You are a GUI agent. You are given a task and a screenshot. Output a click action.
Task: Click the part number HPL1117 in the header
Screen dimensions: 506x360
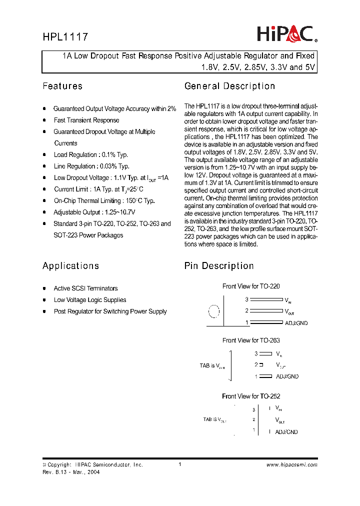pos(65,37)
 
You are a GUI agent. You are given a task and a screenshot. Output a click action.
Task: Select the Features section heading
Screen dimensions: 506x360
pos(62,86)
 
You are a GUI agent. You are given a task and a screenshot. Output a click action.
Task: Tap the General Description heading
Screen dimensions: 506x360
pos(229,86)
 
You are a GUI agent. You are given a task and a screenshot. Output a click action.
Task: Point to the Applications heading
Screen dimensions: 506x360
pos(70,266)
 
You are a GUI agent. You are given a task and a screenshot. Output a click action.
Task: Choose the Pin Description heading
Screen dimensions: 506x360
pos(219,266)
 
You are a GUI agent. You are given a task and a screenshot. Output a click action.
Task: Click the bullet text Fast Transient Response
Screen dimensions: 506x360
pos(86,120)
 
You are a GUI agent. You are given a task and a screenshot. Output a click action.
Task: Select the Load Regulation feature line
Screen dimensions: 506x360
pos(91,155)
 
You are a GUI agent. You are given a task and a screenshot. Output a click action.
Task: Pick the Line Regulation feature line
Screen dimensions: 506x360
pos(91,166)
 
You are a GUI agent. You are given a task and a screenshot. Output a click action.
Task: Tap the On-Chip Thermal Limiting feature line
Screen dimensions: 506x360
pos(104,201)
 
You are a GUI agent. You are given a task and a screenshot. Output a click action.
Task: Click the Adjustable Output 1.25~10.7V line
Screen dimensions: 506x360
pos(94,212)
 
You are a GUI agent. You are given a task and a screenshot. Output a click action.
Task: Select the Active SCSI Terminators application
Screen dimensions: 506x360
pos(85,288)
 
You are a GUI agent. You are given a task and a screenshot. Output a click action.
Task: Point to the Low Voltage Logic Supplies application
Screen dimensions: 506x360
pos(90,300)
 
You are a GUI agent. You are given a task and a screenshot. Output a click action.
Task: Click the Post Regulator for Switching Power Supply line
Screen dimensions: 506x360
pos(110,311)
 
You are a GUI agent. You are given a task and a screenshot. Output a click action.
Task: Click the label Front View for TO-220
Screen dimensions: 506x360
pos(251,286)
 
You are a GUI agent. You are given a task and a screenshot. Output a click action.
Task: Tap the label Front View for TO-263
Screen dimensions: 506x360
pos(251,340)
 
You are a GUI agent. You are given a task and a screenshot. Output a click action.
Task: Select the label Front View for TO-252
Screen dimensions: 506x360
pos(251,396)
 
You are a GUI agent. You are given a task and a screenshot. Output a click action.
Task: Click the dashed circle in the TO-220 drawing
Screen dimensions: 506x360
pos(213,311)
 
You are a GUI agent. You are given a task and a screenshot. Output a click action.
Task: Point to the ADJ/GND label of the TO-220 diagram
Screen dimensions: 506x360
pos(296,323)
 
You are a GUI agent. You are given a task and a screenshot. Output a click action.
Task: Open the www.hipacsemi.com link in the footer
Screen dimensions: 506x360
pos(292,465)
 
